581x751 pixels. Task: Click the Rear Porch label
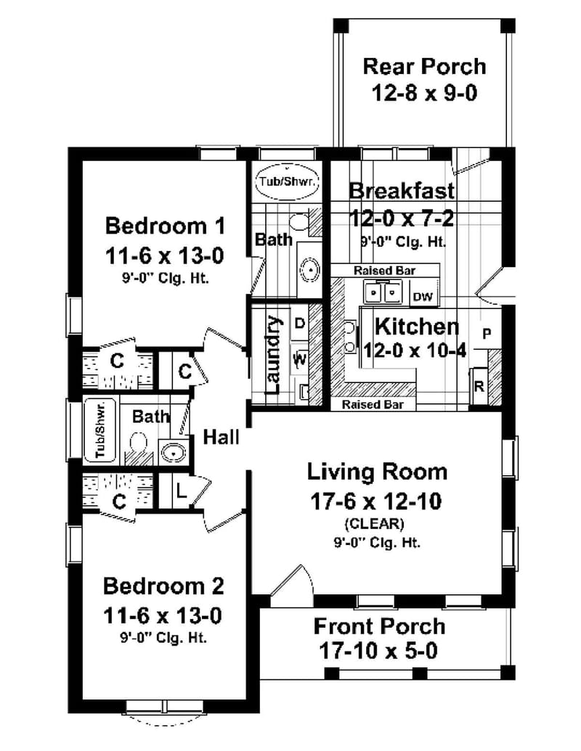(x=424, y=67)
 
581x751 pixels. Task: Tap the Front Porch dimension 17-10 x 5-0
(x=378, y=651)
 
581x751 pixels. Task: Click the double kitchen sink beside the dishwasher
(x=383, y=292)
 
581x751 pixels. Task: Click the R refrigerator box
(x=479, y=385)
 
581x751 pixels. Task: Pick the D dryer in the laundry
(x=299, y=324)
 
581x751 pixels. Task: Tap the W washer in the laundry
(x=299, y=358)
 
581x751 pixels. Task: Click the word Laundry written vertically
(x=273, y=354)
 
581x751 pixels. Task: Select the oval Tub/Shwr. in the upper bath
(x=288, y=182)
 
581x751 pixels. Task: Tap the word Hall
(x=221, y=437)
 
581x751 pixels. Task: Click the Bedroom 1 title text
(x=166, y=226)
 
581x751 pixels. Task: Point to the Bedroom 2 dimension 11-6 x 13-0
(x=163, y=616)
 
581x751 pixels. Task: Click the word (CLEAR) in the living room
(x=377, y=522)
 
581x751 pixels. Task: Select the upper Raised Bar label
(x=384, y=270)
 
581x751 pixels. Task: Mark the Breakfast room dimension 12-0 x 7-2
(x=402, y=218)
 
